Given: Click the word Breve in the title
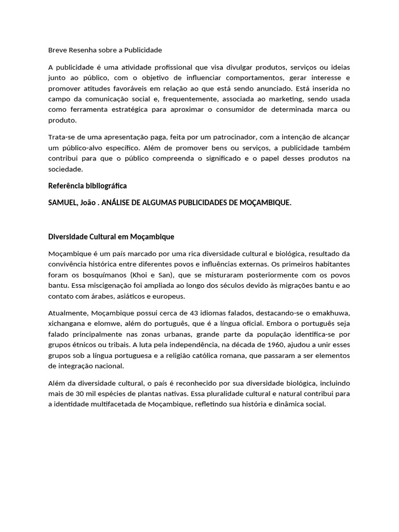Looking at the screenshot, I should tap(57, 50).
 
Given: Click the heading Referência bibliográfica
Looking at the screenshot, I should tap(87, 185).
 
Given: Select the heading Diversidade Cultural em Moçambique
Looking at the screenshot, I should tap(111, 236).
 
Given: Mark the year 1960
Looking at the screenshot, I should tap(275, 344).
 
